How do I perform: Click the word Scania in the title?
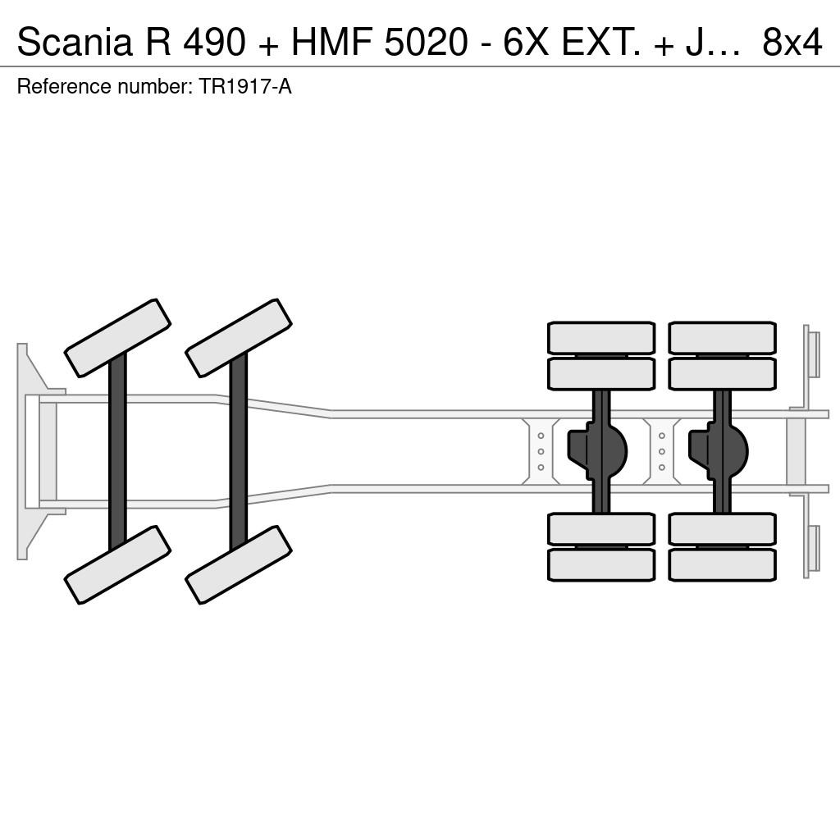tap(75, 42)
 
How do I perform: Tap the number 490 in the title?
tap(214, 42)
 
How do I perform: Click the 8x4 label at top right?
tap(792, 42)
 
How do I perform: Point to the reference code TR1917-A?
tap(245, 87)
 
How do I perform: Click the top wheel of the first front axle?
tap(117, 337)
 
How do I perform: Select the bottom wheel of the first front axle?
tap(117, 564)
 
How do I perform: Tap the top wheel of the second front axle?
tap(239, 337)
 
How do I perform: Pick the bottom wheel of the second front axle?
tap(239, 564)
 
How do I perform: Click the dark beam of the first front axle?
tap(117, 451)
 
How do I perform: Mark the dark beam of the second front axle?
tap(239, 451)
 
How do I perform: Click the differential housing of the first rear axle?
tap(598, 451)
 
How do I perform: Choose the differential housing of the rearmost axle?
tap(719, 451)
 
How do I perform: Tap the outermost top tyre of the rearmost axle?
tap(722, 337)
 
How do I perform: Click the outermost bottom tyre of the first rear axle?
tap(601, 565)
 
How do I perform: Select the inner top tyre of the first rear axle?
tap(601, 374)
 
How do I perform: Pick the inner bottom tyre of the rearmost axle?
tap(722, 529)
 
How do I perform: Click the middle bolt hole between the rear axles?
tap(662, 452)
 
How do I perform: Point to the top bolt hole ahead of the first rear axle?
tap(541, 436)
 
